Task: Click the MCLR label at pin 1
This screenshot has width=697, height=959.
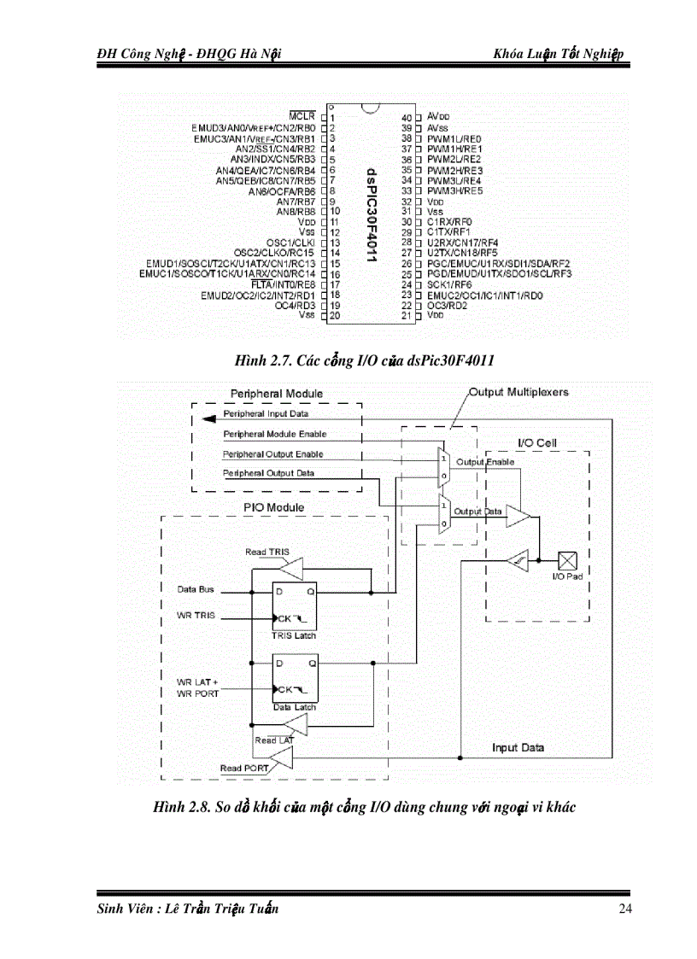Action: pyautogui.click(x=302, y=116)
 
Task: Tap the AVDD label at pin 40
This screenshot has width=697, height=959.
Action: pyautogui.click(x=438, y=116)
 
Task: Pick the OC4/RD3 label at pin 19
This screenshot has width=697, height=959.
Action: pyautogui.click(x=295, y=305)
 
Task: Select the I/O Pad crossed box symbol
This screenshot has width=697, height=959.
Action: pyautogui.click(x=567, y=560)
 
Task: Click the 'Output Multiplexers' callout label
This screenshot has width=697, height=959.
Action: pyautogui.click(x=518, y=392)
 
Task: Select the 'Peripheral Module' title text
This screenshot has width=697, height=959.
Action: pyautogui.click(x=277, y=394)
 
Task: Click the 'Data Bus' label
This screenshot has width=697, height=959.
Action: pyautogui.click(x=196, y=589)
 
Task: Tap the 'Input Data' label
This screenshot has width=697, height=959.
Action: pyautogui.click(x=518, y=747)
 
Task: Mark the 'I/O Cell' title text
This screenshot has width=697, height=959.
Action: pyautogui.click(x=537, y=442)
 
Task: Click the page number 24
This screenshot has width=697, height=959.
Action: pyautogui.click(x=624, y=909)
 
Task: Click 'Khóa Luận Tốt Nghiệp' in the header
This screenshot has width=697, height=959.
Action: pyautogui.click(x=559, y=55)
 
